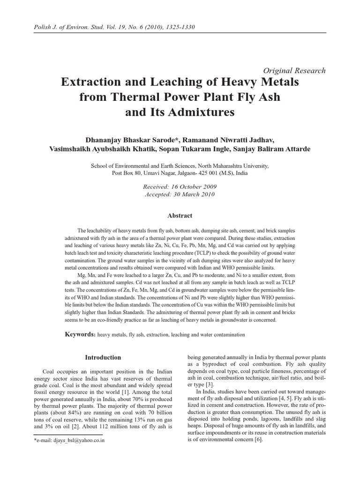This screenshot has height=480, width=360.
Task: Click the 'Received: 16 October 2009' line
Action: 180,186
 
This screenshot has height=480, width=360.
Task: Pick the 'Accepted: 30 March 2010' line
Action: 180,194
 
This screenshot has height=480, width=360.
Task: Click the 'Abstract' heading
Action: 180,216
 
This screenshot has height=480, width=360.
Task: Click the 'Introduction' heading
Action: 103,357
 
